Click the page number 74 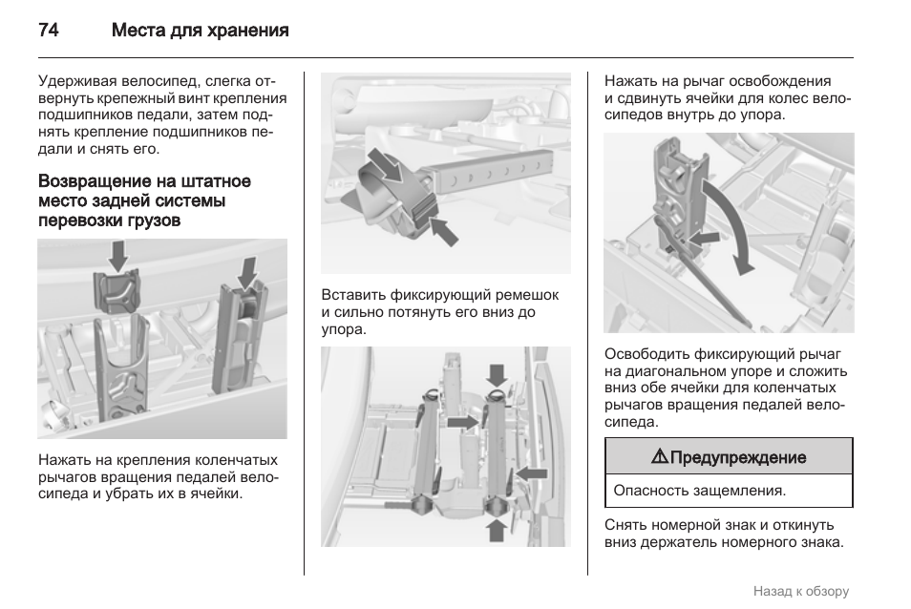pyautogui.click(x=49, y=31)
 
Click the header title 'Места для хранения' pyautogui.click(x=200, y=31)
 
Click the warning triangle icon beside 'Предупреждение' pyautogui.click(x=659, y=457)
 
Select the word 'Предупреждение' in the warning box pyautogui.click(x=738, y=457)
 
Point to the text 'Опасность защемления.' pyautogui.click(x=699, y=491)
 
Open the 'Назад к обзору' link pyautogui.click(x=800, y=591)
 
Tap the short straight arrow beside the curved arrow pyautogui.click(x=706, y=235)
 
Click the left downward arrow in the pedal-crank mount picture pyautogui.click(x=118, y=256)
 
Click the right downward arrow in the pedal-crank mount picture pyautogui.click(x=247, y=271)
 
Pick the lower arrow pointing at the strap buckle pyautogui.click(x=444, y=230)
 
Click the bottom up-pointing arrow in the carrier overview pyautogui.click(x=498, y=528)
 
